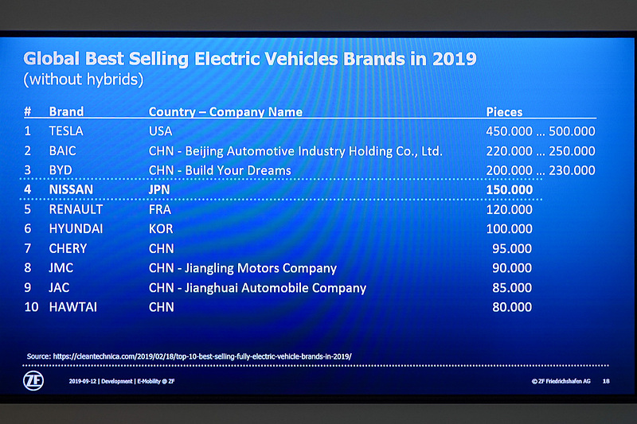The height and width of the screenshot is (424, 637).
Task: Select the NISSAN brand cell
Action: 72,190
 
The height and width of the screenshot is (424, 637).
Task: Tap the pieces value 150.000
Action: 509,190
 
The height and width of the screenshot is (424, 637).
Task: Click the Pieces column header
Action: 504,112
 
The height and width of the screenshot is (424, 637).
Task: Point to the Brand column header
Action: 66,112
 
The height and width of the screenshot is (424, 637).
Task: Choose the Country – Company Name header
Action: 225,112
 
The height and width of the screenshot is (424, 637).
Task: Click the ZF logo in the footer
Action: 33,380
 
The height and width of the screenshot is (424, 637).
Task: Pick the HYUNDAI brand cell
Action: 77,229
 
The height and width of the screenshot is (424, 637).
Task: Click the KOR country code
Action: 161,229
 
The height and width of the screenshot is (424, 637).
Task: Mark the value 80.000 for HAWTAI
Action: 512,307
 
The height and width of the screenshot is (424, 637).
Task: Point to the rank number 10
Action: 29,307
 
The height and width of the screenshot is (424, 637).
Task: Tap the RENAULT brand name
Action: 76,210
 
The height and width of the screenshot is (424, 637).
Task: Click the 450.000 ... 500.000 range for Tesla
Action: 540,131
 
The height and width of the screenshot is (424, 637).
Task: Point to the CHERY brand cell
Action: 68,248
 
